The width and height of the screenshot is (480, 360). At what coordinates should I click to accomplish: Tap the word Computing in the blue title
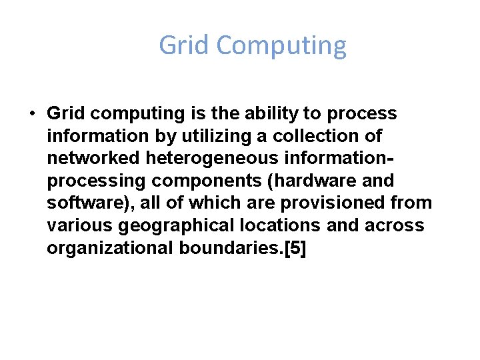pos(281,46)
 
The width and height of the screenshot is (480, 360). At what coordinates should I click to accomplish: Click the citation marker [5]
pos(295,247)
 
